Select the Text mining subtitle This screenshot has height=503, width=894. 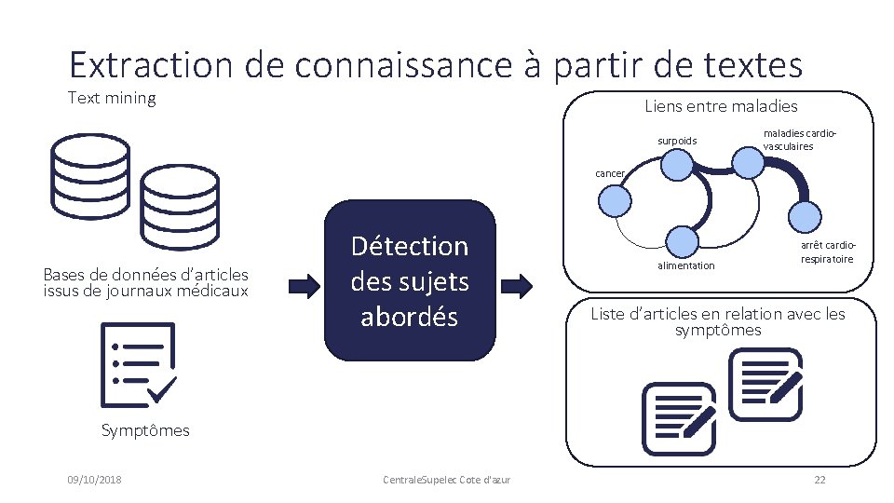(112, 98)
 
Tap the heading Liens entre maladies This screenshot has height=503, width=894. (721, 106)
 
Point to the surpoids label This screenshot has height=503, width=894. (676, 141)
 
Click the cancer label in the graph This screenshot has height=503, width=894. (610, 173)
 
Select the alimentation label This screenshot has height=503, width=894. (685, 265)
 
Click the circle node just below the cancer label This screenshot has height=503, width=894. (613, 201)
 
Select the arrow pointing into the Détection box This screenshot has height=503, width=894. (302, 282)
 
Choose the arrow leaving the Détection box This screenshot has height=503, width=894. (517, 282)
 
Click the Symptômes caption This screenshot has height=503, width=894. (144, 430)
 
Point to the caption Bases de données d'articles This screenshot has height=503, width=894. (146, 282)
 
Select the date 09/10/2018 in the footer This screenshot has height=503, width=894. (94, 480)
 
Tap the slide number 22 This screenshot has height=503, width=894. (819, 480)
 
